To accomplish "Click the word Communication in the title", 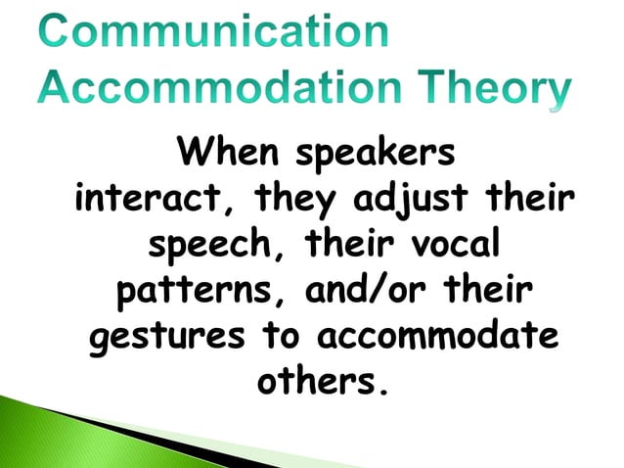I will (214, 31).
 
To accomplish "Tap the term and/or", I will (364, 292).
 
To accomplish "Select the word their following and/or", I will (484, 291).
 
